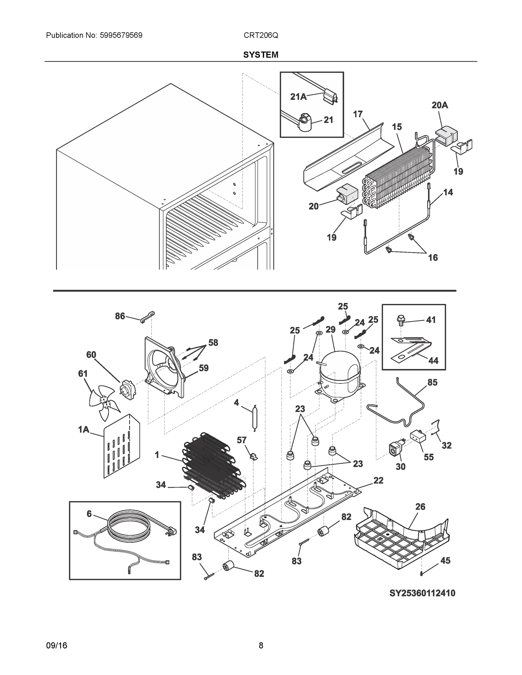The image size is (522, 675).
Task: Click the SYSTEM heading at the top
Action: point(261,55)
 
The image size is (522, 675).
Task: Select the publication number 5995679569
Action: point(121,35)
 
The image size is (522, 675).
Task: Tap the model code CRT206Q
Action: point(261,35)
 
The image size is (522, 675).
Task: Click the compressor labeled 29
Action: point(340,374)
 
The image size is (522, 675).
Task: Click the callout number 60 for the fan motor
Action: point(91,355)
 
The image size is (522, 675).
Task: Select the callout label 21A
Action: point(298,97)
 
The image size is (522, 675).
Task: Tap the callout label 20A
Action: point(440,105)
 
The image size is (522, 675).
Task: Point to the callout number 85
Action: point(432,382)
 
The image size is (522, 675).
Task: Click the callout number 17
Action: point(357,114)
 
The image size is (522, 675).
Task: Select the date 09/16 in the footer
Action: point(57,645)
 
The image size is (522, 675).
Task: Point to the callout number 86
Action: point(120,316)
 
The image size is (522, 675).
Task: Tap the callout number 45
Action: point(445,561)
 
